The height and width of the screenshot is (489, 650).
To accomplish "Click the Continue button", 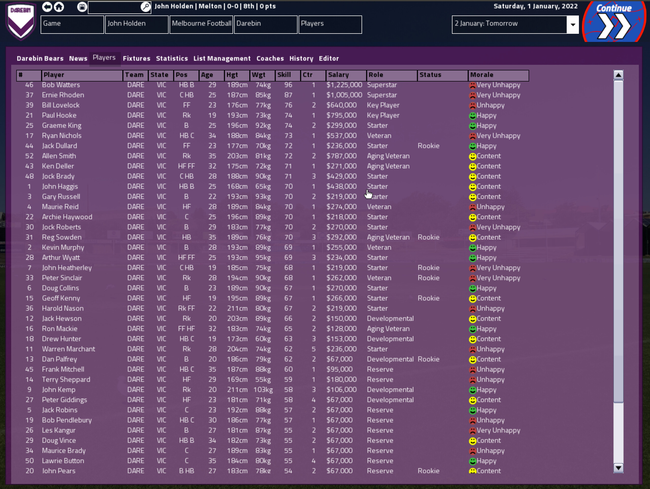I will (x=614, y=22).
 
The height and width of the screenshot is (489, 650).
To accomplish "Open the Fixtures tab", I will (x=136, y=58).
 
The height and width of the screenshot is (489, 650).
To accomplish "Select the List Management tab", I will (x=222, y=58).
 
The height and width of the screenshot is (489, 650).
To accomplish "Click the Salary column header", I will (x=346, y=75).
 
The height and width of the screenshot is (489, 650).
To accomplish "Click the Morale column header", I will (x=498, y=75).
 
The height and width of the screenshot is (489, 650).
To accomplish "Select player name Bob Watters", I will (x=61, y=85).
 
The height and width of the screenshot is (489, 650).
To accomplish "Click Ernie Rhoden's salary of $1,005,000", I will (x=344, y=95).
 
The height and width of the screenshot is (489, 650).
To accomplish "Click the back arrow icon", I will (x=47, y=7).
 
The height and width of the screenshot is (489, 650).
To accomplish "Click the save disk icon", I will (x=82, y=7).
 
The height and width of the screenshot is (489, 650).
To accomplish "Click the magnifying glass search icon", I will (x=145, y=7).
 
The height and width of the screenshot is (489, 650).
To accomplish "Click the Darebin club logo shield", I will (x=21, y=21).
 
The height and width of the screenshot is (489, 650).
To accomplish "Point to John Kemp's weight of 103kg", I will (x=263, y=390).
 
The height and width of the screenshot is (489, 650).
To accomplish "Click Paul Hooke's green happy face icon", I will (x=473, y=116).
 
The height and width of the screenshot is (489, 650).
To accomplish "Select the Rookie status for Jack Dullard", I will (x=428, y=146).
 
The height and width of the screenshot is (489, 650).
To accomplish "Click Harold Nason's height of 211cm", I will (x=237, y=308).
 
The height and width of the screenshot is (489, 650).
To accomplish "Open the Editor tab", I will (x=329, y=58).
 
